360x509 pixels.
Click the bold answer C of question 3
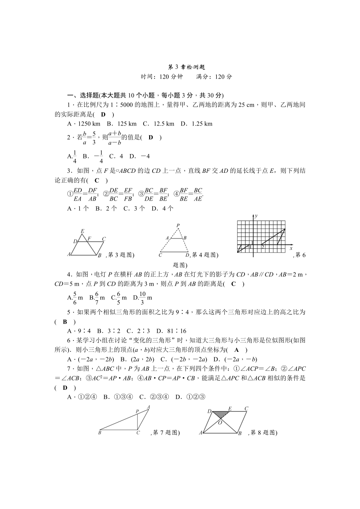97,180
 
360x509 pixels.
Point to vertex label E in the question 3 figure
82,231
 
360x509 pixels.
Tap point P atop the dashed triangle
178,225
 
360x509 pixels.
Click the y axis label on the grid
256,216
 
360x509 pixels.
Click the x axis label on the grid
291,248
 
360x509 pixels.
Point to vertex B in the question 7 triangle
100,433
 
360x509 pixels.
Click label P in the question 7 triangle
137,411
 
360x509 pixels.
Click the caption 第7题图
165,432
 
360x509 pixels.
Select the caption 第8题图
263,432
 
